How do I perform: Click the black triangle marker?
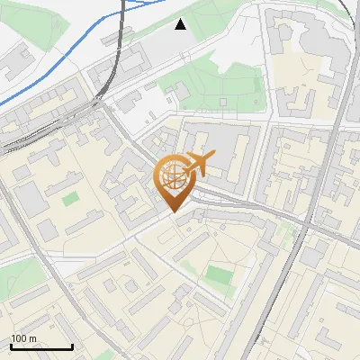click(181, 24)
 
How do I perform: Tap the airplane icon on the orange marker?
click(199, 165)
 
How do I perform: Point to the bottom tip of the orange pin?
click(171, 212)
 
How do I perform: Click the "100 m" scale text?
click(23, 338)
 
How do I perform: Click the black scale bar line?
click(41, 347)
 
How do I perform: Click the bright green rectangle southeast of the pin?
click(218, 274)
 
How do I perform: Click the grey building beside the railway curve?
click(133, 63)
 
